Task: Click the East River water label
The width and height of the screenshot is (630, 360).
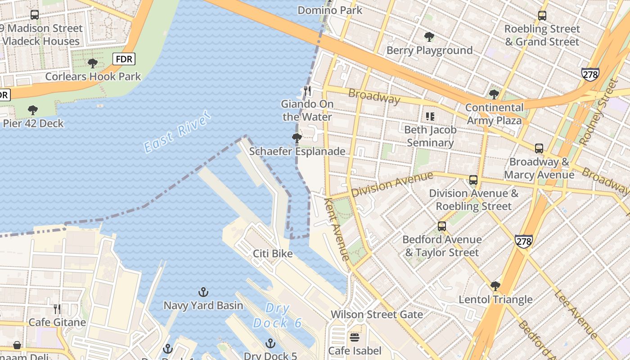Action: pos(177,131)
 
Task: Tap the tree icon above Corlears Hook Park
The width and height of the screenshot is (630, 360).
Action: pos(93,63)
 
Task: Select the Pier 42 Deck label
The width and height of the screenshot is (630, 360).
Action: pos(33,123)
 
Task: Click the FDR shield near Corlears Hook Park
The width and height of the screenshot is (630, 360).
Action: pos(124,59)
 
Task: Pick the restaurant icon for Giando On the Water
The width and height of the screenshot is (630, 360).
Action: pos(307,91)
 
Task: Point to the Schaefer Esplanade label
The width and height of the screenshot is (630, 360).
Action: pos(297,151)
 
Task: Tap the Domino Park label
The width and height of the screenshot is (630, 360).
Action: pos(330,10)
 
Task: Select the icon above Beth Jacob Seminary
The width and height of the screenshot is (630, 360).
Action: pos(430,117)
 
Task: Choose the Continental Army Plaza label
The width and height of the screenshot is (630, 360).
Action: pos(494,114)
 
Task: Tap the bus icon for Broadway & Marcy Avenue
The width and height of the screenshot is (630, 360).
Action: pos(539,148)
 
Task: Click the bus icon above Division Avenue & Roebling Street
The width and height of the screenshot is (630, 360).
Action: pos(473,180)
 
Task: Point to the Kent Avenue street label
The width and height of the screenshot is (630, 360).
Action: pos(337,229)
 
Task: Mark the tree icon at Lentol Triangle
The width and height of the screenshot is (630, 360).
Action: pos(495,286)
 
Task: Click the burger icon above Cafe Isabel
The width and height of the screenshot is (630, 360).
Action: pos(355,337)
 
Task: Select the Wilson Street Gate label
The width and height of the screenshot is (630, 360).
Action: pos(377,314)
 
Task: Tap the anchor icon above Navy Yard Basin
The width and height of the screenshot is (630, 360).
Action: pos(203,292)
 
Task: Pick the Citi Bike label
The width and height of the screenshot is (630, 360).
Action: pos(273,253)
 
